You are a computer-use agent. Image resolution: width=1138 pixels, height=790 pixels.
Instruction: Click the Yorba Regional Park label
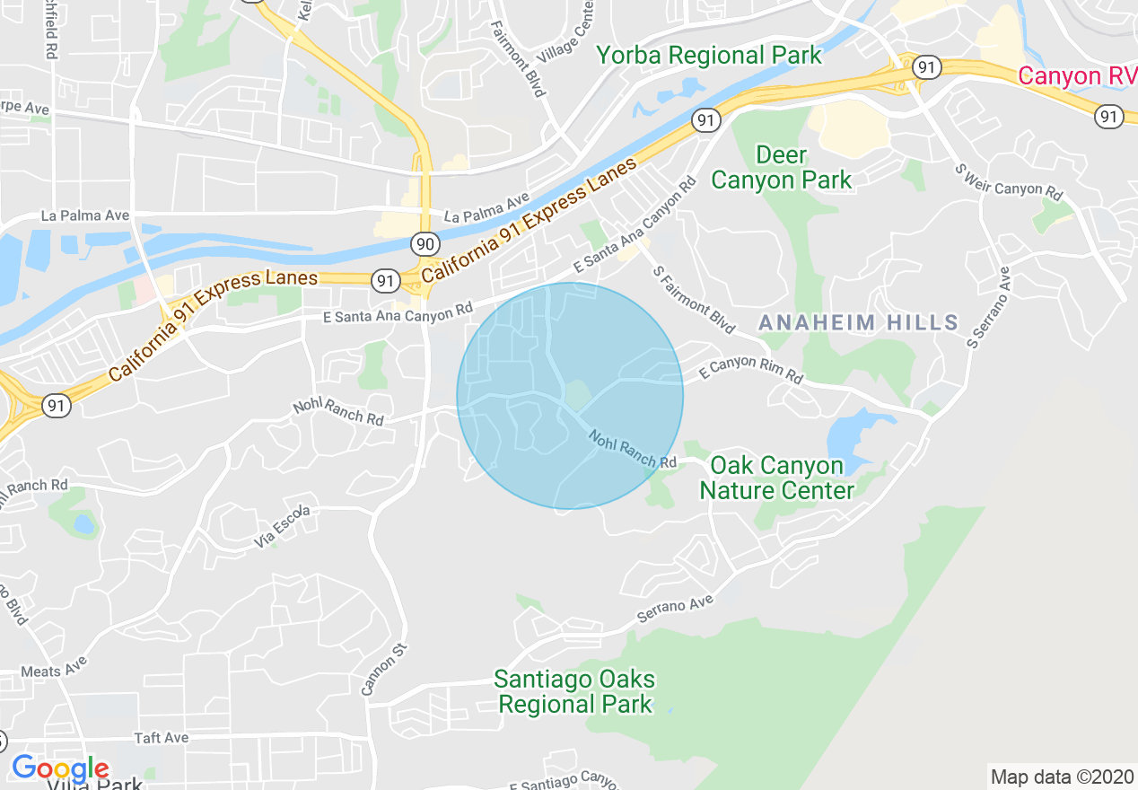point(709,56)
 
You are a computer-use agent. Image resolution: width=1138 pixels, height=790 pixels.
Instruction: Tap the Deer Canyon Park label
point(781,167)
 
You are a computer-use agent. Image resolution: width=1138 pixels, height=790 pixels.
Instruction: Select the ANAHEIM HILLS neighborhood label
point(858,322)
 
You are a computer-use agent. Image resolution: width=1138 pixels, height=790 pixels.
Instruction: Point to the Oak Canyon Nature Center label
point(776,478)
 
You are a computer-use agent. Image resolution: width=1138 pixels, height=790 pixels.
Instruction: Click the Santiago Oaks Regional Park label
point(575,691)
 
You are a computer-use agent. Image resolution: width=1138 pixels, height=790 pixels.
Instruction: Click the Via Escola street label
point(282,526)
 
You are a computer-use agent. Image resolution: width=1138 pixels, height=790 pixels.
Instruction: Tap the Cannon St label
point(384,670)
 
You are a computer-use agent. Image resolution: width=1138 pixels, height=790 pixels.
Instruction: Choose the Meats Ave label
point(53,671)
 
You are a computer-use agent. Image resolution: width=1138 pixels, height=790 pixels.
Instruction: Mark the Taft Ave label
point(161,738)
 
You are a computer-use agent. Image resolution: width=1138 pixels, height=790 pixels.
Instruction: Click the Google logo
point(60,769)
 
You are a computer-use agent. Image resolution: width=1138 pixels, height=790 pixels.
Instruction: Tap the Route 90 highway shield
point(425,243)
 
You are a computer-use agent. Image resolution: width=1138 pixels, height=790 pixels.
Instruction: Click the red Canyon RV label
point(1076,76)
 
